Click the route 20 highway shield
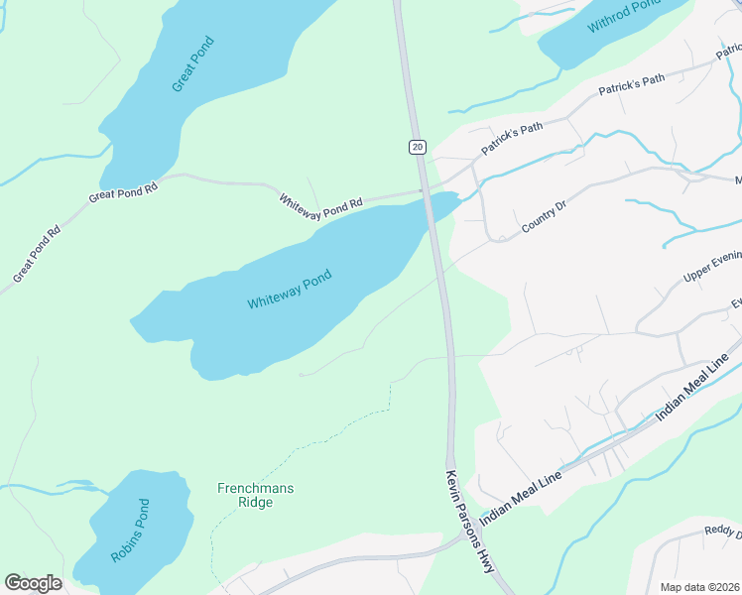point(417,147)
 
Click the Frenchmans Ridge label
point(256,495)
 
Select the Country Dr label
point(544,218)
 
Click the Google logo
point(33,583)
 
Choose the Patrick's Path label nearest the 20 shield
point(513,139)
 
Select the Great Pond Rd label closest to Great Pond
point(124,189)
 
